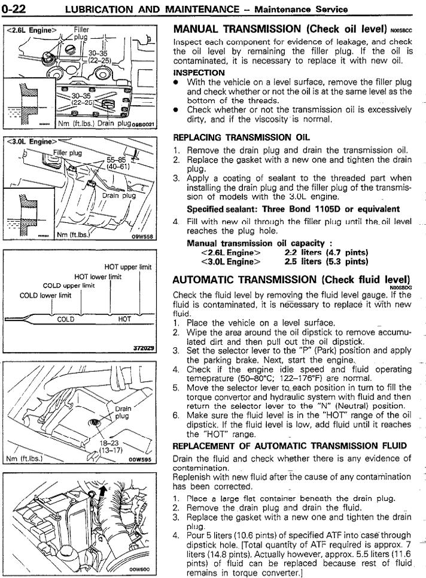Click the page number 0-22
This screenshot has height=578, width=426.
[17, 9]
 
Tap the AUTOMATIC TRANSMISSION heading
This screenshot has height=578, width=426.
[291, 280]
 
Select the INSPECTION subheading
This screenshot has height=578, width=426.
[199, 73]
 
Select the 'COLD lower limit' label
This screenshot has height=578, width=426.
[45, 295]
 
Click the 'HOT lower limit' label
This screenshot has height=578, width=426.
[98, 277]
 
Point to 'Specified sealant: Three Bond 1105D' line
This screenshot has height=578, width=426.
[293, 209]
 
